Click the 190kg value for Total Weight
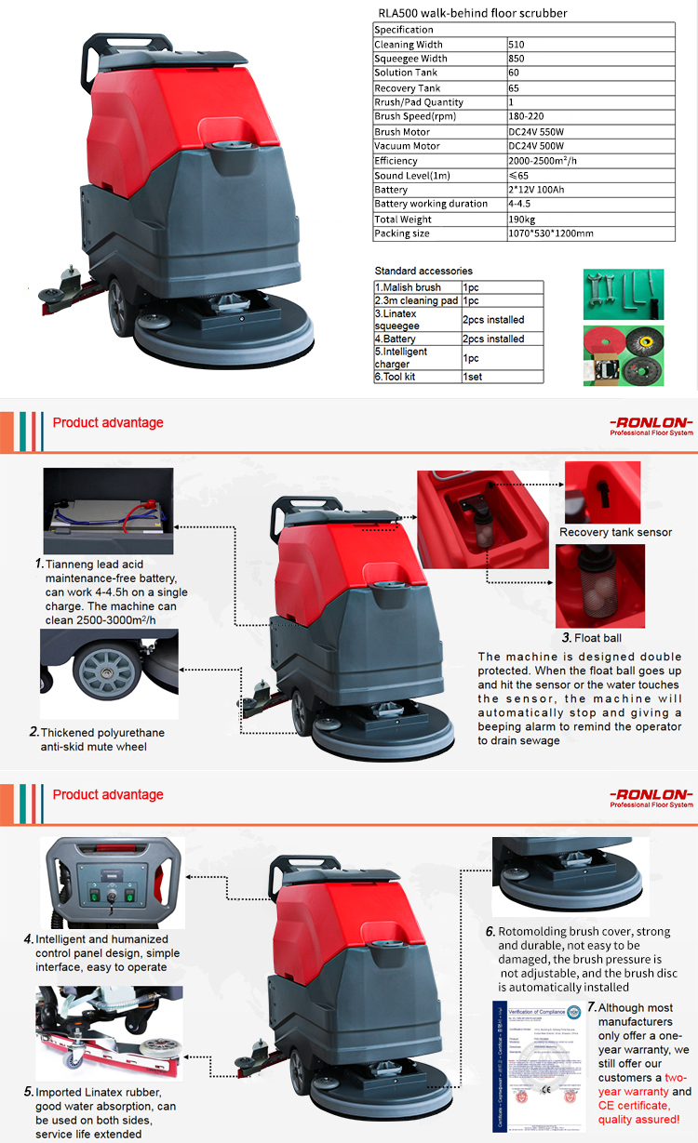521,219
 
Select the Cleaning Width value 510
517,45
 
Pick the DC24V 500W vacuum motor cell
536,146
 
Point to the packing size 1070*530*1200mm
550,233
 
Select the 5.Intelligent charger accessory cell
401,357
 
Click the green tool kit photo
623,294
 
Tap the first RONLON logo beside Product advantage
651,424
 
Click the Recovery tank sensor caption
615,533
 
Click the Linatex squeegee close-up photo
109,1031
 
